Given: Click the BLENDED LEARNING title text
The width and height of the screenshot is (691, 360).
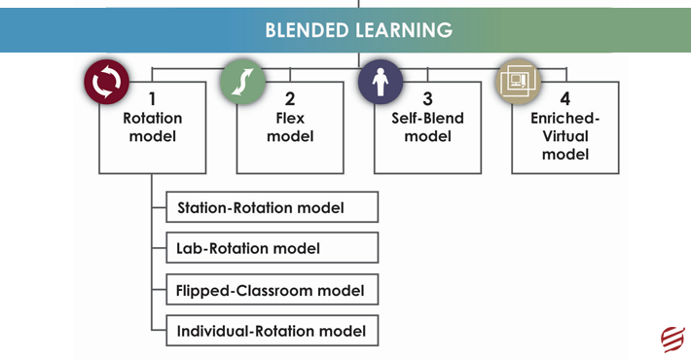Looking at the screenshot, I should (358, 30).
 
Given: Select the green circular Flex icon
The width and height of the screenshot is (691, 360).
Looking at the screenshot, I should (242, 83).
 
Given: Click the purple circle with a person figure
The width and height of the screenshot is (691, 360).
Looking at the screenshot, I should (380, 83).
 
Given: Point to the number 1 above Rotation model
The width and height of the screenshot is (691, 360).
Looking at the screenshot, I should (152, 99).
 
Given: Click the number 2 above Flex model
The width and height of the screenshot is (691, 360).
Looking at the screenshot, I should (290, 99).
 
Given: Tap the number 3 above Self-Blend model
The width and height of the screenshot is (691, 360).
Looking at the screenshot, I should (427, 99).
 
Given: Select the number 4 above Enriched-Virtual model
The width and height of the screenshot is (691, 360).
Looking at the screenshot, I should (565, 99).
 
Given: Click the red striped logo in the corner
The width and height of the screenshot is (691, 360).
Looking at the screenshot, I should (673, 338).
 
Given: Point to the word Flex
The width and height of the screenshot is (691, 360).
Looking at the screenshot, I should (290, 119).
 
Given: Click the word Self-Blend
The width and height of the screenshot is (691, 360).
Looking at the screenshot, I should (427, 119).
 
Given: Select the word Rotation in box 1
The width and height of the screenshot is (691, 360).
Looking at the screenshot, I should (152, 119).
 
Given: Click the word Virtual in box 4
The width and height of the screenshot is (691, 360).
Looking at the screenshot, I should (565, 136).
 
